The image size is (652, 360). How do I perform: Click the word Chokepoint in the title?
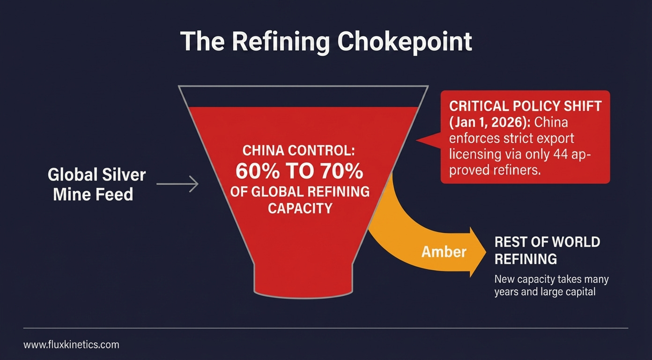[404, 42]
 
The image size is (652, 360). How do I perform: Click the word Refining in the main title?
[280, 42]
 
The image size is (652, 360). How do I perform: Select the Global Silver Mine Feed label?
[97, 184]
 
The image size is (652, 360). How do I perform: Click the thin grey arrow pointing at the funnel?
[177, 184]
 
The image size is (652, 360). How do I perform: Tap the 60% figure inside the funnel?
[257, 172]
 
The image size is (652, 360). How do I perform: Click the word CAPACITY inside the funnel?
[300, 208]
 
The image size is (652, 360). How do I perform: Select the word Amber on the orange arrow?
[444, 252]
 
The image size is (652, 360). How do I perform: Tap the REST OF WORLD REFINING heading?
[547, 250]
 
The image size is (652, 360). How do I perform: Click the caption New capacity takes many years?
[551, 285]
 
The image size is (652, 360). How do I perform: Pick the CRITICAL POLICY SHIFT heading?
[525, 105]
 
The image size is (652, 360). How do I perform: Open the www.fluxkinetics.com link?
[71, 345]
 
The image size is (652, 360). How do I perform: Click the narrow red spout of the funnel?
[304, 279]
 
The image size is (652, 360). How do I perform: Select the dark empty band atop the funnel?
[304, 97]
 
